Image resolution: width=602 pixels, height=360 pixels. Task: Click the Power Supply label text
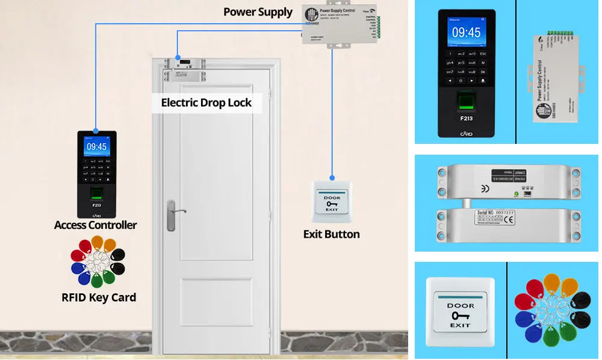click(258, 11)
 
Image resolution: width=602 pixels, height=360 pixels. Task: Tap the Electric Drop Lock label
click(206, 102)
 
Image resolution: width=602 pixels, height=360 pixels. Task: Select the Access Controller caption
click(95, 225)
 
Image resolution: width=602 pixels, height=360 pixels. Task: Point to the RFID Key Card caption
click(99, 297)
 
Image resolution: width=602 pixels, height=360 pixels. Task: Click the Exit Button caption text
click(331, 234)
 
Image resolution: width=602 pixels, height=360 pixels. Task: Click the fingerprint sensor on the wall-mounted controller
click(96, 193)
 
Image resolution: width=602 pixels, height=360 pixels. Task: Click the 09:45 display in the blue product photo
click(467, 33)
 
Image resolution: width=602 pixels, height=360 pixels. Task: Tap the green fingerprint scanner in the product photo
click(467, 100)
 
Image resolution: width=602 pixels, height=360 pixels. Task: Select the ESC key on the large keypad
click(483, 54)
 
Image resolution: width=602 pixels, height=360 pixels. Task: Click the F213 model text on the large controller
click(467, 118)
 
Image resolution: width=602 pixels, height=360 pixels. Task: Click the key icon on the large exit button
click(461, 316)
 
